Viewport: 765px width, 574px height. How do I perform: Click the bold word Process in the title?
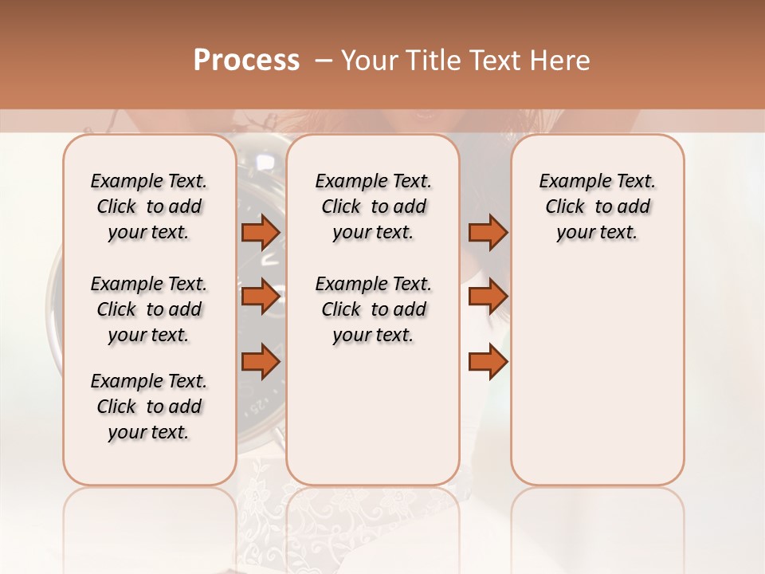tap(246, 61)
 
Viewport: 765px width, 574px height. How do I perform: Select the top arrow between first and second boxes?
tap(261, 232)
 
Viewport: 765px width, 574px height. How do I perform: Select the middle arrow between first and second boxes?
tap(261, 297)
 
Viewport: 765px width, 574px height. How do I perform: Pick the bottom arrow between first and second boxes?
tap(261, 362)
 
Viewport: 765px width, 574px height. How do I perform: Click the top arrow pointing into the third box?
tap(488, 232)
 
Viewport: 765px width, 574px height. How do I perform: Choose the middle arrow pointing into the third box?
tap(488, 297)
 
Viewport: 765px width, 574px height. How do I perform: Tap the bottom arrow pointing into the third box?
tap(488, 362)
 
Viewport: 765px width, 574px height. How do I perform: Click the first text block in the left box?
tap(149, 206)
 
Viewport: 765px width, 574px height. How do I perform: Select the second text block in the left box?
tap(149, 309)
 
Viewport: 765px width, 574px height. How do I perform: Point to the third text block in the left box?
tap(149, 407)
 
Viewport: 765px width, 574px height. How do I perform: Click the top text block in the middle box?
tap(373, 206)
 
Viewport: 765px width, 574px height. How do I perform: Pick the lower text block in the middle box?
tap(373, 309)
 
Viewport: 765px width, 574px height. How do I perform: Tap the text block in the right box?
tap(598, 206)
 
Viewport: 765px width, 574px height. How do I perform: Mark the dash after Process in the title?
tap(323, 61)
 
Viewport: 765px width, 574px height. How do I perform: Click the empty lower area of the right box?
tap(598, 383)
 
